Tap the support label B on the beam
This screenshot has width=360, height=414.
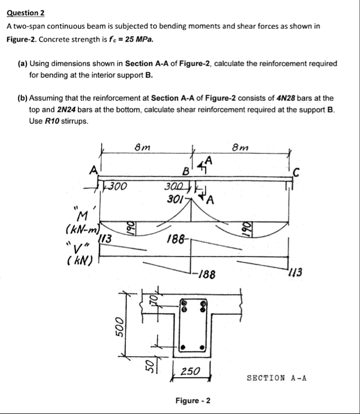click(x=185, y=174)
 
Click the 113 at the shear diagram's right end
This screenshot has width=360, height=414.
click(x=295, y=272)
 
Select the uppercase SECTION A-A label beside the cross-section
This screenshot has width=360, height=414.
click(x=277, y=378)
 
